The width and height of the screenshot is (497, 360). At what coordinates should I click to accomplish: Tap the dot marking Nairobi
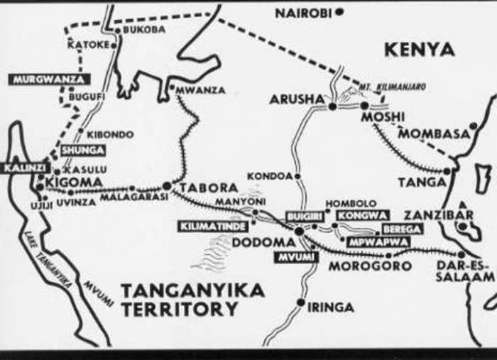click(341, 12)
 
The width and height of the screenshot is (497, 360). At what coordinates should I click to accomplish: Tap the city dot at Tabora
click(166, 186)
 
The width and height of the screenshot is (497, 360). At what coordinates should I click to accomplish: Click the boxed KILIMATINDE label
click(214, 227)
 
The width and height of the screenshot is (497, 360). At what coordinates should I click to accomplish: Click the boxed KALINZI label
click(25, 168)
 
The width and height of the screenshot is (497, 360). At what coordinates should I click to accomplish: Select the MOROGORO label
click(370, 266)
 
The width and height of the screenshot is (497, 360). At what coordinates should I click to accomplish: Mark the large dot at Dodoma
click(299, 231)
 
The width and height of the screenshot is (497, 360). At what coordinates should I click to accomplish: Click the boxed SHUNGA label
click(82, 151)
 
